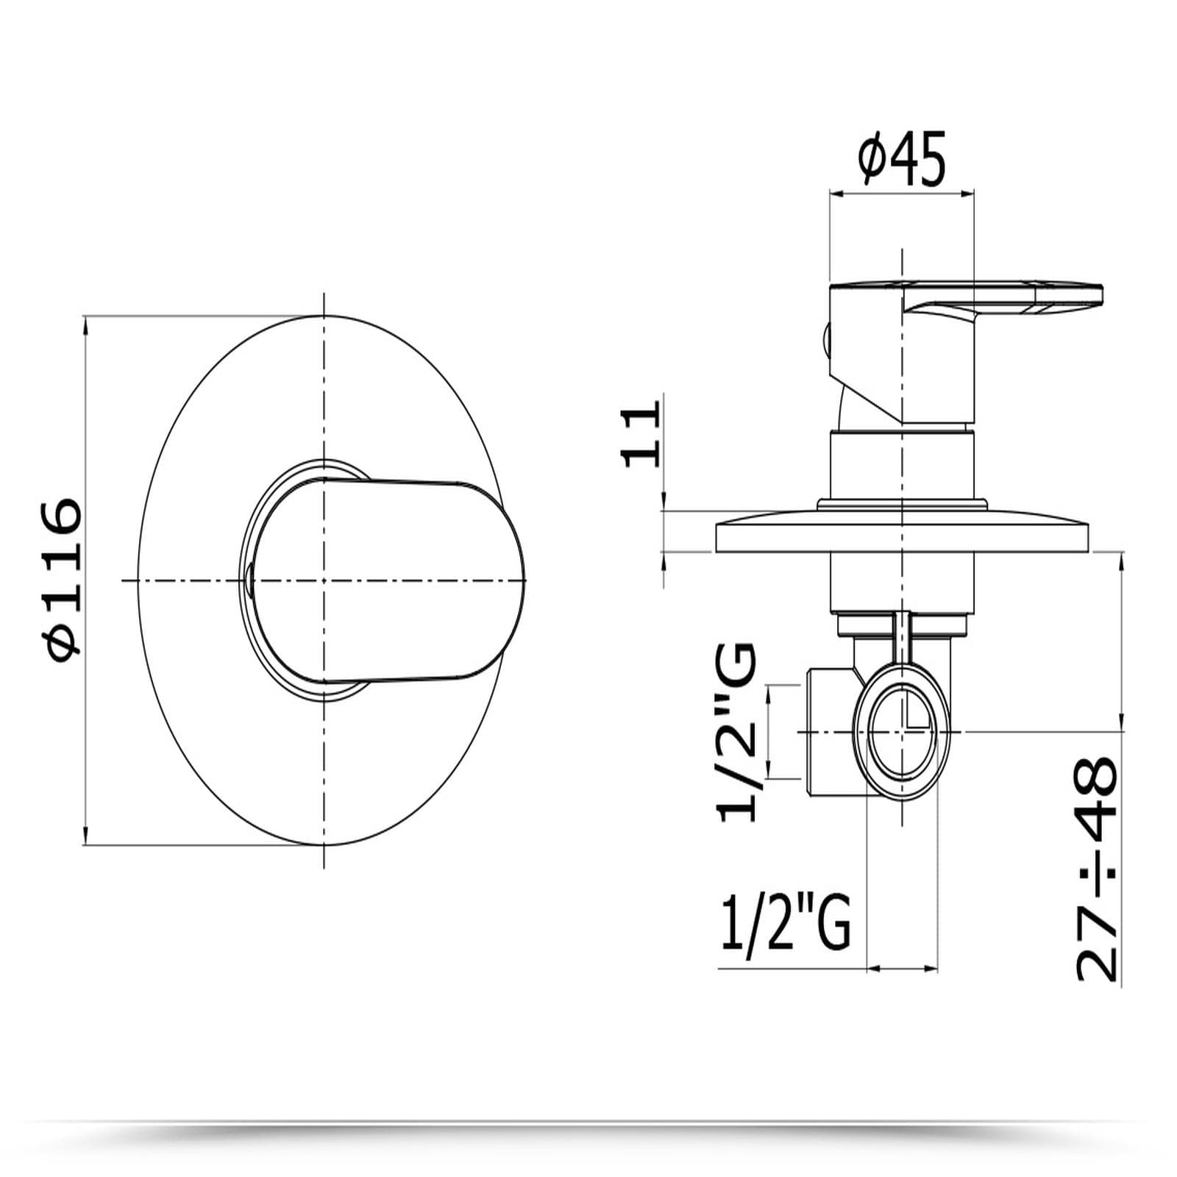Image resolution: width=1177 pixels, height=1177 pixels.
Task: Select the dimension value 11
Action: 641,434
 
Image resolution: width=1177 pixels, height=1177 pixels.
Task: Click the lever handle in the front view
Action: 390,581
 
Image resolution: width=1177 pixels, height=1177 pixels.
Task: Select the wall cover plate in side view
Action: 902,531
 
